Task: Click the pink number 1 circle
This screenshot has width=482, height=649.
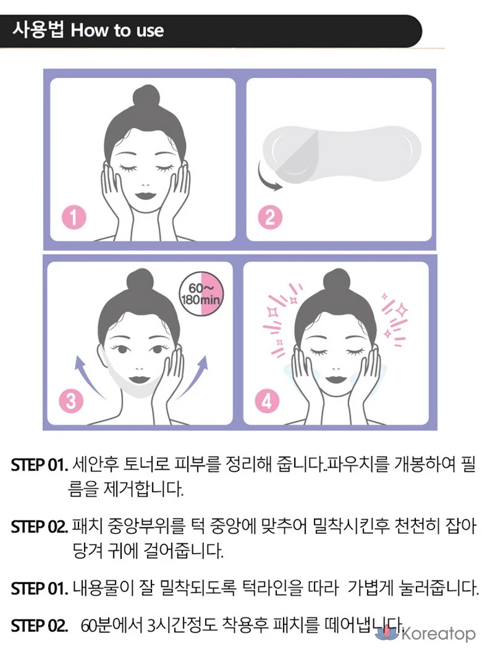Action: (x=74, y=217)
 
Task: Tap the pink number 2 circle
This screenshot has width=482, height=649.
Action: (x=269, y=217)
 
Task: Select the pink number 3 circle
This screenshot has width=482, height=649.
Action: (x=70, y=401)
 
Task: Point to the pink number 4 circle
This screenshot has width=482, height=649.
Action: (x=266, y=401)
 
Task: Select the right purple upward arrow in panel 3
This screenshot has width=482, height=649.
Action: (x=194, y=377)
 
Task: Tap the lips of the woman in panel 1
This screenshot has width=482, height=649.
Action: (x=145, y=196)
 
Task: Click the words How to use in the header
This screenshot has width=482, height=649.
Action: (x=117, y=31)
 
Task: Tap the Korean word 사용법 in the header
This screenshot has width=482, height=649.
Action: (x=38, y=30)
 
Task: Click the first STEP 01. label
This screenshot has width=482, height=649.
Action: (x=40, y=465)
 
